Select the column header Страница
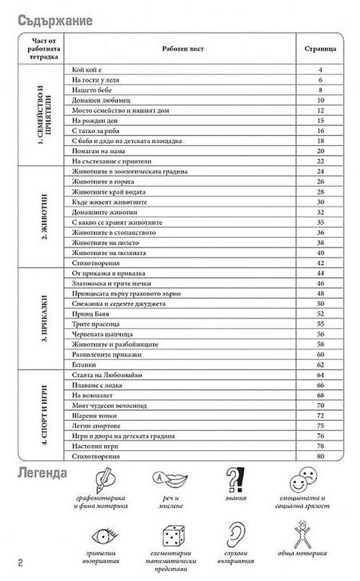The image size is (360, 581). pyautogui.click(x=320, y=47)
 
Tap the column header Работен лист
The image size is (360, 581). pyautogui.click(x=182, y=47)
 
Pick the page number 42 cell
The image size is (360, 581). pyautogui.click(x=321, y=261)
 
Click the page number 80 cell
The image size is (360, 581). pyautogui.click(x=321, y=456)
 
